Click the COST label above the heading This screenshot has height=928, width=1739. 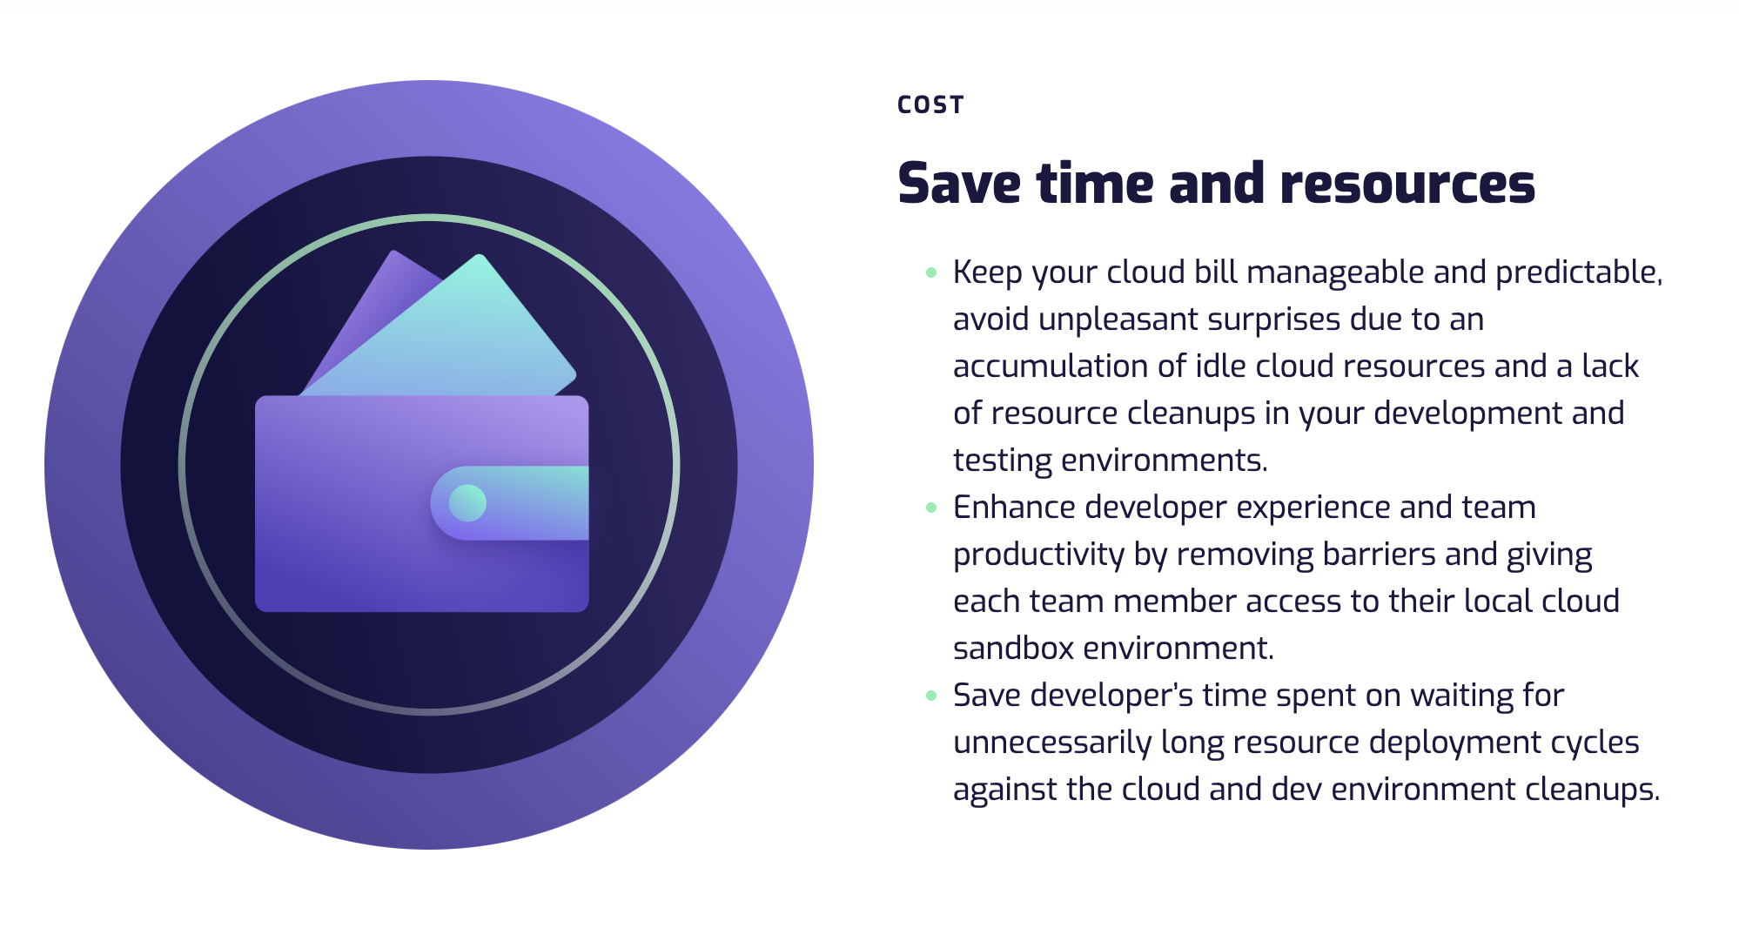(930, 105)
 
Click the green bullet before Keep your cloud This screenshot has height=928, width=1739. (931, 272)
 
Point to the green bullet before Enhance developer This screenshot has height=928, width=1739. (931, 508)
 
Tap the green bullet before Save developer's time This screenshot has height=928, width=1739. (931, 696)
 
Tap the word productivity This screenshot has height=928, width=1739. (1039, 555)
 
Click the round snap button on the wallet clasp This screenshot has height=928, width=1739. (467, 503)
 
